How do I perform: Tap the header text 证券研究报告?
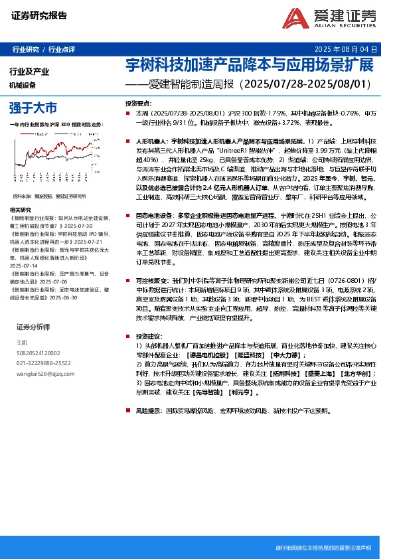pos(39,16)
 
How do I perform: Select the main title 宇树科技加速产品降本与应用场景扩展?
pos(250,66)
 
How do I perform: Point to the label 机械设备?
pos(23,85)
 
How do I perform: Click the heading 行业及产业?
pos(29,72)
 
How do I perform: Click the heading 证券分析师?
pos(33,327)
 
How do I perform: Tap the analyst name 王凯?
pos(21,343)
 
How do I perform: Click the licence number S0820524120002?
pos(38,353)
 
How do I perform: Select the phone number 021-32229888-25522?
pos(43,363)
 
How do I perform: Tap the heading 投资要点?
pos(138,104)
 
